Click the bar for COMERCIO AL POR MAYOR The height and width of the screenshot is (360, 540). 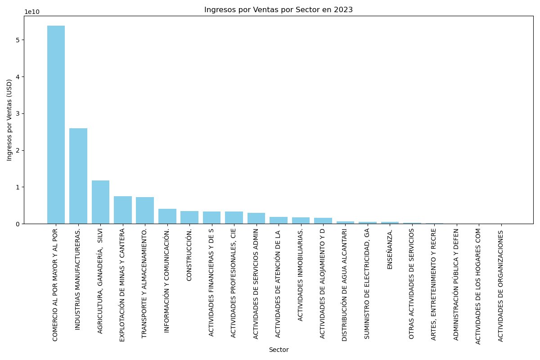(56, 125)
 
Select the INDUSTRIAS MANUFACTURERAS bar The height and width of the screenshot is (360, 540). (78, 176)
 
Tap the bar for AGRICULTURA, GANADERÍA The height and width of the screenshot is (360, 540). (100, 202)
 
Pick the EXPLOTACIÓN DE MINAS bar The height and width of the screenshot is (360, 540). (123, 210)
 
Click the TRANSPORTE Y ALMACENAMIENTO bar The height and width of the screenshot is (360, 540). (145, 211)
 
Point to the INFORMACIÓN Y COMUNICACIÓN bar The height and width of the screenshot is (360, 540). (167, 216)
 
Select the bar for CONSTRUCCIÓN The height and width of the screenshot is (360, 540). (189, 217)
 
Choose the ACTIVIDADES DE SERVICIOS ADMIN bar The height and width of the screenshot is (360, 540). (256, 218)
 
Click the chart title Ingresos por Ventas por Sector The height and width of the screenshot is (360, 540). (279, 9)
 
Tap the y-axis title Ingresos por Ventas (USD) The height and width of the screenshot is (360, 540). (9, 120)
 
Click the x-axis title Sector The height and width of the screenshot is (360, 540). (279, 350)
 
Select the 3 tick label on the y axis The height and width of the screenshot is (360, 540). (18, 113)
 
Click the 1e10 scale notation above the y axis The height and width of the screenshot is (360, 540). (32, 12)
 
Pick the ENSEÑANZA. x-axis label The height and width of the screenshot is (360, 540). (390, 249)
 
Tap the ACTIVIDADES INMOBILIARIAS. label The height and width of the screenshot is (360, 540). (300, 275)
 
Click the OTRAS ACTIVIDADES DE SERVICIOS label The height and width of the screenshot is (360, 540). (411, 284)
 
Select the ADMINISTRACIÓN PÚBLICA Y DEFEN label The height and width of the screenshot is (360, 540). (456, 284)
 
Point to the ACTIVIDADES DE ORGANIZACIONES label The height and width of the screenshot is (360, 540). (500, 286)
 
